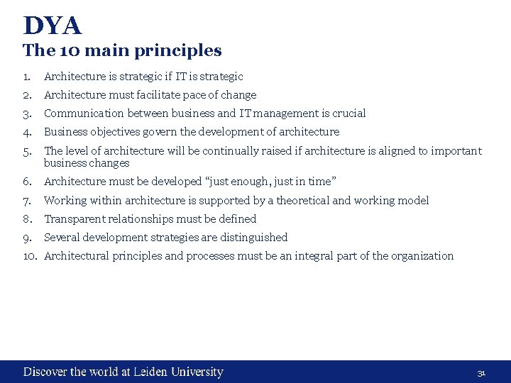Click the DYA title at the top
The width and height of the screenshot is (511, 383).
tap(53, 26)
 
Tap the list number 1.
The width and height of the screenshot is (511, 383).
tap(26, 77)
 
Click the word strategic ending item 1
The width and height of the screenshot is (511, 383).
tap(221, 77)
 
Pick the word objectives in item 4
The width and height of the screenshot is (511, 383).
tap(115, 132)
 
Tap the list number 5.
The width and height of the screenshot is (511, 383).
tap(27, 150)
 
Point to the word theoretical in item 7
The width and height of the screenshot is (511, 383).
tap(302, 201)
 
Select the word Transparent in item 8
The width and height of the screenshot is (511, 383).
tap(72, 219)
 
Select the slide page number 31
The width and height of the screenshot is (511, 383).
tap(480, 373)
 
